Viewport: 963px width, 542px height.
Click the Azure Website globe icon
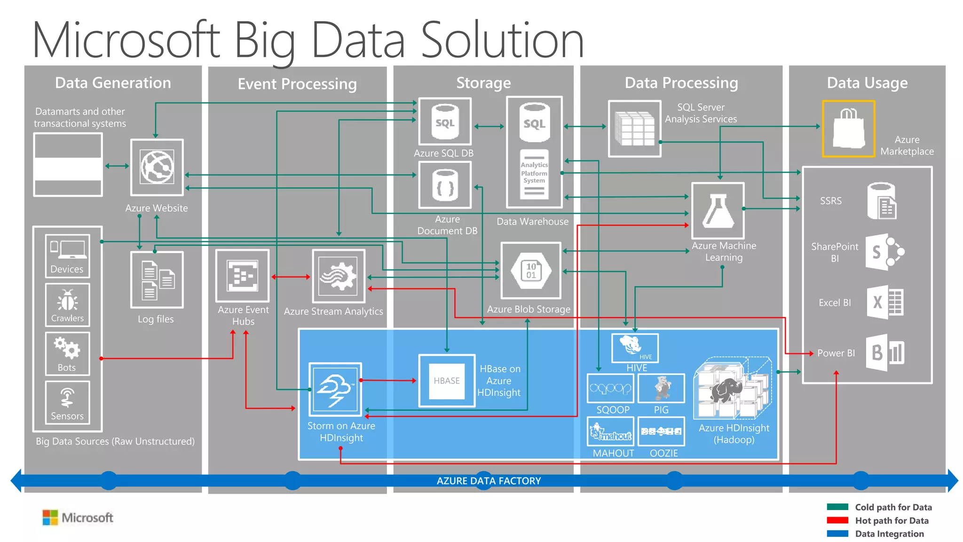coord(157,167)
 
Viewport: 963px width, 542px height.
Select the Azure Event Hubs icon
coord(243,276)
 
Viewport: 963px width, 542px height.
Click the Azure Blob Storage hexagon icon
coord(531,271)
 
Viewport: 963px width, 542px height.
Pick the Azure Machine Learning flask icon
coord(718,211)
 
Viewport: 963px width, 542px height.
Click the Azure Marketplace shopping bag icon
coord(848,128)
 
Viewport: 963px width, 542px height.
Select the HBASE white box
coord(447,381)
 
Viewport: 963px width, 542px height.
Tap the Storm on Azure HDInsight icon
coord(335,389)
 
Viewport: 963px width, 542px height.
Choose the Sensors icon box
coord(67,402)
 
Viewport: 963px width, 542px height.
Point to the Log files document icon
coord(157,280)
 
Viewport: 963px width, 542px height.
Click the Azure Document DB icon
coord(445,185)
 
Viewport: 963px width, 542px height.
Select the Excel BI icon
coord(885,302)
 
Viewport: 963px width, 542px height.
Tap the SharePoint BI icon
coord(884,252)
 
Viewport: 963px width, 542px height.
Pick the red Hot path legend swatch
coord(837,520)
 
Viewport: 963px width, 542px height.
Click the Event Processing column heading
coord(297,84)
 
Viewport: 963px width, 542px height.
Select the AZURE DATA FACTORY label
coord(489,481)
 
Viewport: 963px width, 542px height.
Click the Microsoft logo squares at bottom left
coord(50,518)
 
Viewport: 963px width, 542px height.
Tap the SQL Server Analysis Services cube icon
coord(635,128)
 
